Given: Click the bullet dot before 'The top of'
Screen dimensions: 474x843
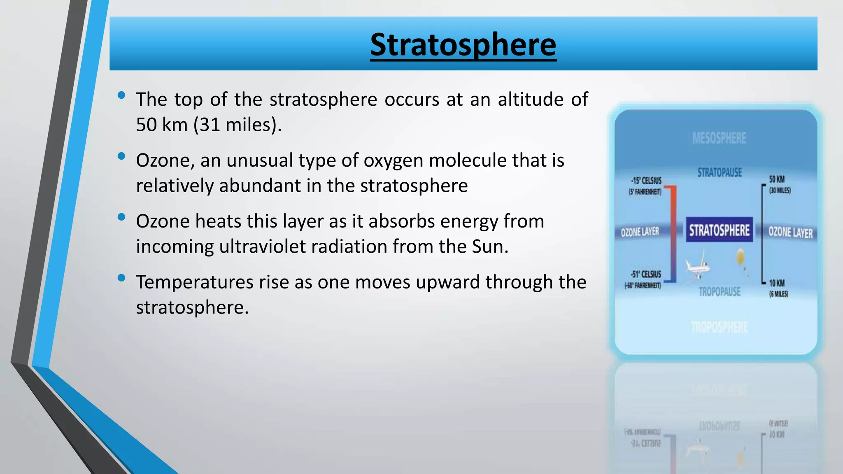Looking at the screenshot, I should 121,95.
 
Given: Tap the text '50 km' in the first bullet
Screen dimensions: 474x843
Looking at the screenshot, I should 162,125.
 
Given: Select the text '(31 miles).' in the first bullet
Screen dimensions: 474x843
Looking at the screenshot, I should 238,125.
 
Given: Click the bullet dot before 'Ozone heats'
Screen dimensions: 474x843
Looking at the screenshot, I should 121,217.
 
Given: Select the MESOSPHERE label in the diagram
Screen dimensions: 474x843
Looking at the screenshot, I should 719,138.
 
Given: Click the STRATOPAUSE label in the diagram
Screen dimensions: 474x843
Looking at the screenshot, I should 720,172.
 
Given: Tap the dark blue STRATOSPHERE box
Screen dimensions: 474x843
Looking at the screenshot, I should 719,230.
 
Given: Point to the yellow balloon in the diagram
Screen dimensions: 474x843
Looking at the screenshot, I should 740,257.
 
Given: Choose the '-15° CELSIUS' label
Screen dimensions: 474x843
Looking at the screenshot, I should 646,181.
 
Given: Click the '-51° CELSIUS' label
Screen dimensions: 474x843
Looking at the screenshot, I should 646,274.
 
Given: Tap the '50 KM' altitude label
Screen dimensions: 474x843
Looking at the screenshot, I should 777,179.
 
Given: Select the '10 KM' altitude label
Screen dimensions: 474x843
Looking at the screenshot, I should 777,283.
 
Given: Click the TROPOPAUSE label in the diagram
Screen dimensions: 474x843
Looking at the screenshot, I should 720,292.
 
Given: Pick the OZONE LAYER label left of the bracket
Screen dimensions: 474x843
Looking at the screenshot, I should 640,232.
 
